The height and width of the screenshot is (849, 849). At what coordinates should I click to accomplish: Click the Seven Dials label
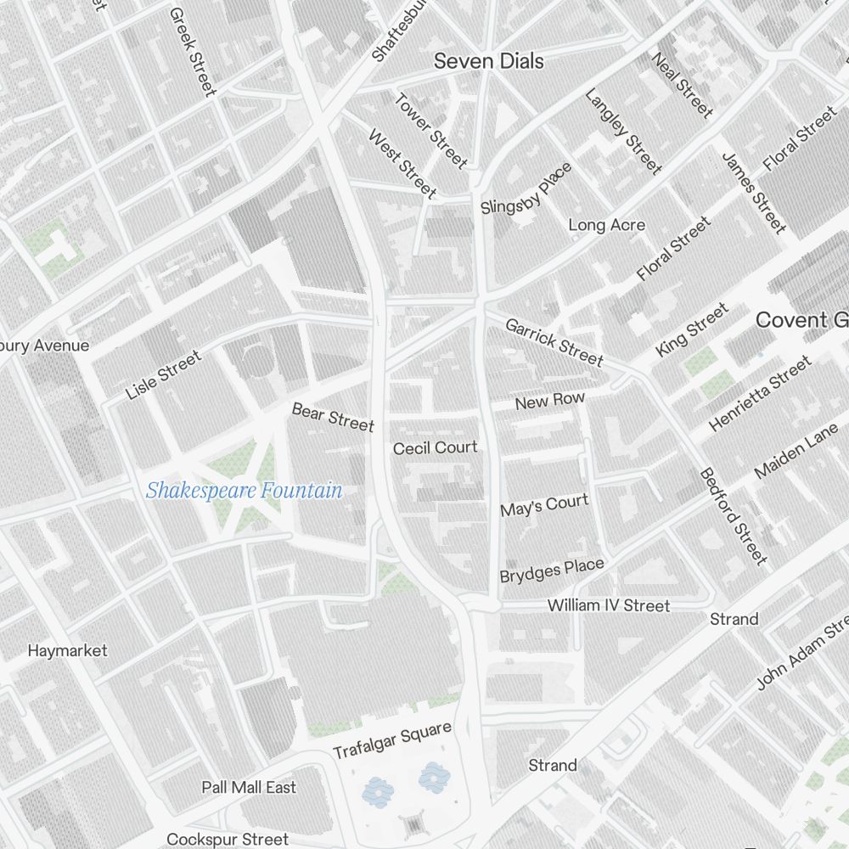[x=488, y=61]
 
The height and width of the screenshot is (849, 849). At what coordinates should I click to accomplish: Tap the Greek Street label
[x=193, y=52]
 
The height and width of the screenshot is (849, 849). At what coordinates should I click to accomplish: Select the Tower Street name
[x=430, y=130]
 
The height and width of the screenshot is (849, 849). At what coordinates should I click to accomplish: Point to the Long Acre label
[x=606, y=225]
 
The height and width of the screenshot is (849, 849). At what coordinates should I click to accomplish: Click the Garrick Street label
[x=554, y=342]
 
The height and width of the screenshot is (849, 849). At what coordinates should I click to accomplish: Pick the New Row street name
[x=549, y=401]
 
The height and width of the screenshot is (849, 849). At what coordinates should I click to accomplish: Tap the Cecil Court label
[x=436, y=447]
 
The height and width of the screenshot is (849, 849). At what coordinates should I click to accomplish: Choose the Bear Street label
[x=333, y=417]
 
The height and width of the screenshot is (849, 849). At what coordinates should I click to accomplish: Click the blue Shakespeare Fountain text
[x=244, y=491]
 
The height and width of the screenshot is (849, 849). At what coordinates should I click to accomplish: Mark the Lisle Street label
[x=164, y=375]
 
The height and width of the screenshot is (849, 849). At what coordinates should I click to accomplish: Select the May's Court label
[x=543, y=506]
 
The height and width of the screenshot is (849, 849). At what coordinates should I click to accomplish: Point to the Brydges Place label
[x=552, y=571]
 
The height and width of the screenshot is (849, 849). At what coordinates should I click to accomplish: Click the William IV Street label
[x=608, y=605]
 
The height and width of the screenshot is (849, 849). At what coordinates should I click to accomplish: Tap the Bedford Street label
[x=733, y=515]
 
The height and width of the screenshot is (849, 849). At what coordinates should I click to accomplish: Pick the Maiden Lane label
[x=796, y=451]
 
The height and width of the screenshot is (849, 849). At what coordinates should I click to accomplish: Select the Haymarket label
[x=67, y=650]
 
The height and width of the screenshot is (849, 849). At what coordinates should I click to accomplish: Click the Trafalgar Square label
[x=391, y=741]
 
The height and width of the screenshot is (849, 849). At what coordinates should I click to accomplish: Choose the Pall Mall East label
[x=249, y=787]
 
